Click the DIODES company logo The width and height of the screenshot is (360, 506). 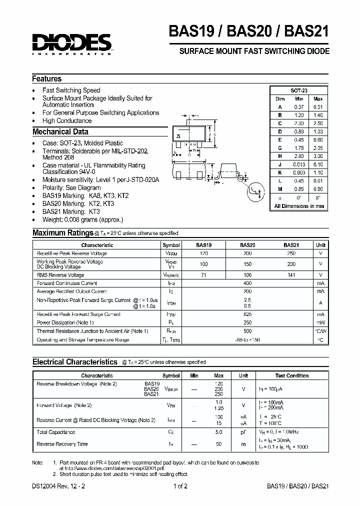point(71,43)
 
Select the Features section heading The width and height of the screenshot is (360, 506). point(47,79)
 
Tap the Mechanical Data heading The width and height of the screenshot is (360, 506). point(60,132)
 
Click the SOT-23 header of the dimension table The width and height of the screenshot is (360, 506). point(299,90)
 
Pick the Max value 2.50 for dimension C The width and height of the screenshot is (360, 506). point(318,123)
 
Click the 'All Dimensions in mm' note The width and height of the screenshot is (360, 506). point(299,206)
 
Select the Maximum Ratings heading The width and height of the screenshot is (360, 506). point(62,233)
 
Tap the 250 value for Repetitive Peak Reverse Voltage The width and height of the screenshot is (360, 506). point(291,253)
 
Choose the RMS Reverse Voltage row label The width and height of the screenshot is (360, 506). point(60,275)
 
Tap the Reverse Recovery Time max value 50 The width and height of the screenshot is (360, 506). point(219,444)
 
